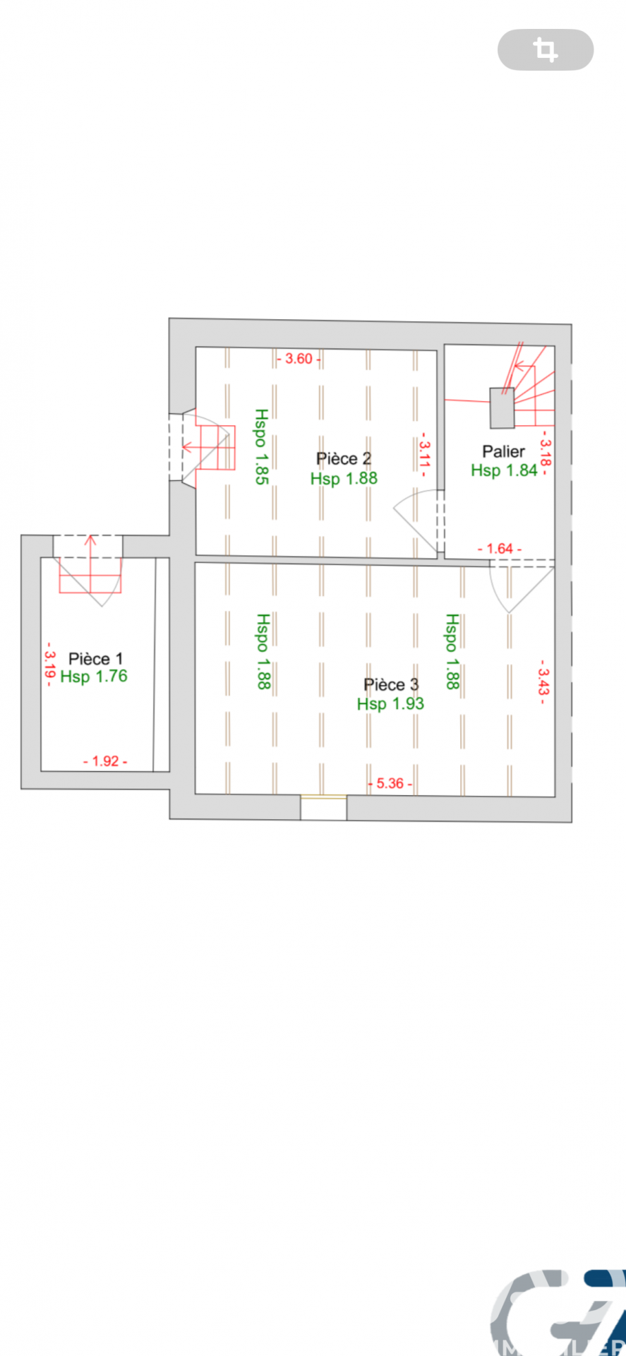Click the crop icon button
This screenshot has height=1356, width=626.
[546, 49]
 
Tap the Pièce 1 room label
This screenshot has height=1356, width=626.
[95, 659]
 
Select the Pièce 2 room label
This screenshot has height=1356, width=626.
[344, 459]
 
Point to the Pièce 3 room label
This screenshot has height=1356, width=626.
[391, 684]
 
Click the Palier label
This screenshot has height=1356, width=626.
[503, 451]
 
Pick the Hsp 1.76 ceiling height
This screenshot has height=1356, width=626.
[94, 677]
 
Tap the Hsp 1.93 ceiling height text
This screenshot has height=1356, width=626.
[390, 703]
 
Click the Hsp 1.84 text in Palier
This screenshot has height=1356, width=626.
[505, 470]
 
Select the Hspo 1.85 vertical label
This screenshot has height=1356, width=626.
[262, 446]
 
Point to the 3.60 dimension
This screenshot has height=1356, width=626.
[299, 359]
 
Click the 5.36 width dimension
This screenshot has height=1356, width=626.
[390, 783]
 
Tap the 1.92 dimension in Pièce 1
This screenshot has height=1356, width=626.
[106, 761]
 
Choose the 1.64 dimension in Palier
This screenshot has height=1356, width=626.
[500, 549]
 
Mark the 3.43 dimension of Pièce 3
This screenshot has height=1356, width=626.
[543, 677]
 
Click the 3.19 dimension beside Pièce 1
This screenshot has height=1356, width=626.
[49, 665]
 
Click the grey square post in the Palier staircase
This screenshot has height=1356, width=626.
[502, 408]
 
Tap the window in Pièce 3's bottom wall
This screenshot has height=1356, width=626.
[323, 797]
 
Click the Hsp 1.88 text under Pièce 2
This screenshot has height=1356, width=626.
[344, 478]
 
